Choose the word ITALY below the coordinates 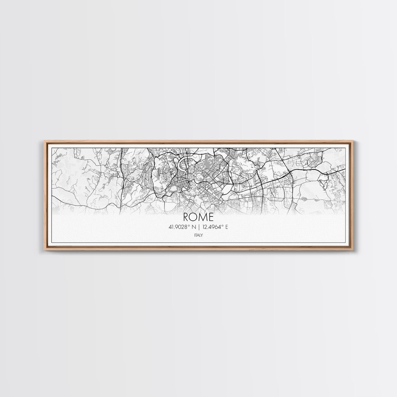coord(198,235)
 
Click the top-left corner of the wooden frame coord(43,141)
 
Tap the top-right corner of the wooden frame coord(354,141)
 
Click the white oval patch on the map coord(174,188)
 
